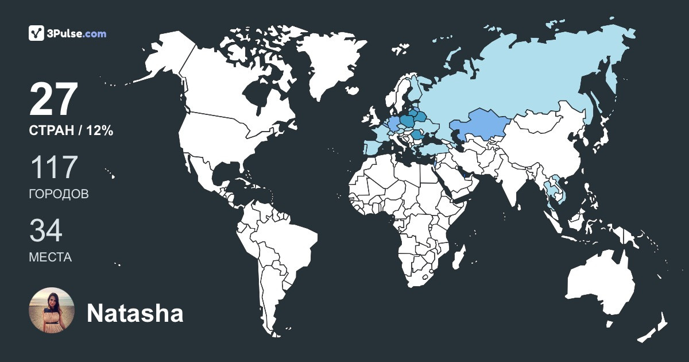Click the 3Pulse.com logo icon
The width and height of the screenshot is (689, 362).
pos(37,33)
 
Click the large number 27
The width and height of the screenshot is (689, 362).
pos(53,100)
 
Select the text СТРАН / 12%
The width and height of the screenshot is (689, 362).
pos(71,131)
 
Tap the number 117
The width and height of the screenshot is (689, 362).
pos(53,167)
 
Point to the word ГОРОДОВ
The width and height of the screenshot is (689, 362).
pos(59,194)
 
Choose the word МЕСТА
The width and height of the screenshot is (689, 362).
pos(50,257)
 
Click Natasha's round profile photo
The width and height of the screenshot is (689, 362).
pos(52,310)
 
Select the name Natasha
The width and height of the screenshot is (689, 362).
pos(135,314)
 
